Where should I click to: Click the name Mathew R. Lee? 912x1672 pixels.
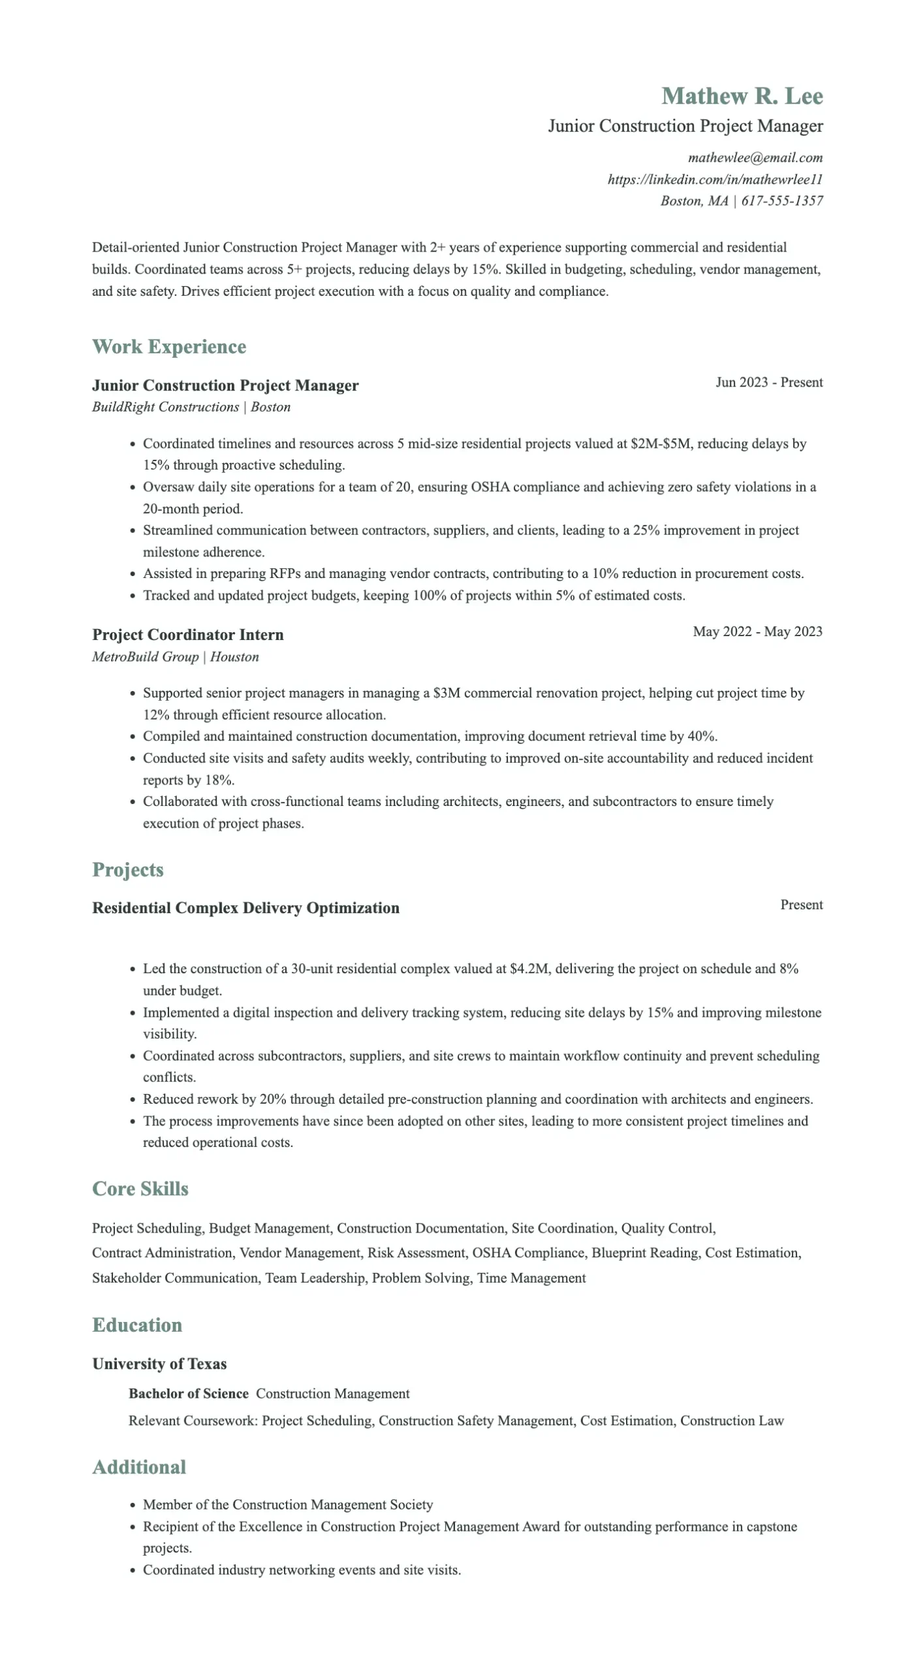point(742,96)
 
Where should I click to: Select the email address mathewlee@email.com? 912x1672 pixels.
point(755,157)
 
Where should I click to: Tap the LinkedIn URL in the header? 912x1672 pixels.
point(715,179)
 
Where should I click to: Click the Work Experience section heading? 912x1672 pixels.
point(169,347)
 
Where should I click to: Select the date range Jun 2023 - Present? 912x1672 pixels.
point(768,382)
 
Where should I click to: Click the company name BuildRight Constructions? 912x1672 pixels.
point(165,407)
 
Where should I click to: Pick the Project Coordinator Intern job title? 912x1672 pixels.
point(188,635)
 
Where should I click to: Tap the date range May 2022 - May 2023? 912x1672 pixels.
point(757,632)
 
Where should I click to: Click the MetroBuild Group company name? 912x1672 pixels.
point(145,656)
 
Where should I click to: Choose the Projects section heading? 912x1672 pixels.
point(128,870)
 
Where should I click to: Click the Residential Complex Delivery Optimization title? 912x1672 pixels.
point(245,908)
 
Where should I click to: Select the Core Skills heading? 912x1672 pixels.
point(140,1189)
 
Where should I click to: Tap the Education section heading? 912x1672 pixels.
point(137,1325)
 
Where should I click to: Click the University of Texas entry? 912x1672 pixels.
point(159,1364)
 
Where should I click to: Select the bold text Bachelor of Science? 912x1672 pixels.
point(188,1393)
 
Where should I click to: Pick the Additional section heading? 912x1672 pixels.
point(139,1468)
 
